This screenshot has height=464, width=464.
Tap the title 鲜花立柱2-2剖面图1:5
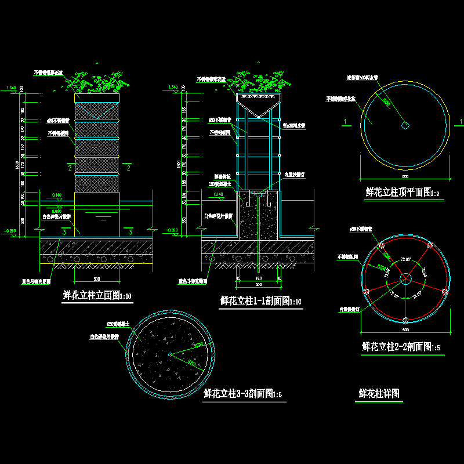[401, 347]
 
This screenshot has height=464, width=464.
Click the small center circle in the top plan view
[405, 125]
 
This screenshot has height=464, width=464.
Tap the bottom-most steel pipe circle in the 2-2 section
[405, 320]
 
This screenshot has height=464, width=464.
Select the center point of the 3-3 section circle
[169, 354]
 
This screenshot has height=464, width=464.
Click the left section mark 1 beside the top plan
[346, 121]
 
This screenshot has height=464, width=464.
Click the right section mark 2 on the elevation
[128, 168]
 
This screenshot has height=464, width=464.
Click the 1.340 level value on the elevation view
[10, 88]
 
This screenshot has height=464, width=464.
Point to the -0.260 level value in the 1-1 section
[173, 231]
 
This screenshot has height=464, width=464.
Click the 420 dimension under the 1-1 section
[259, 278]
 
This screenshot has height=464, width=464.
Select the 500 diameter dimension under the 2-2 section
[405, 331]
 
